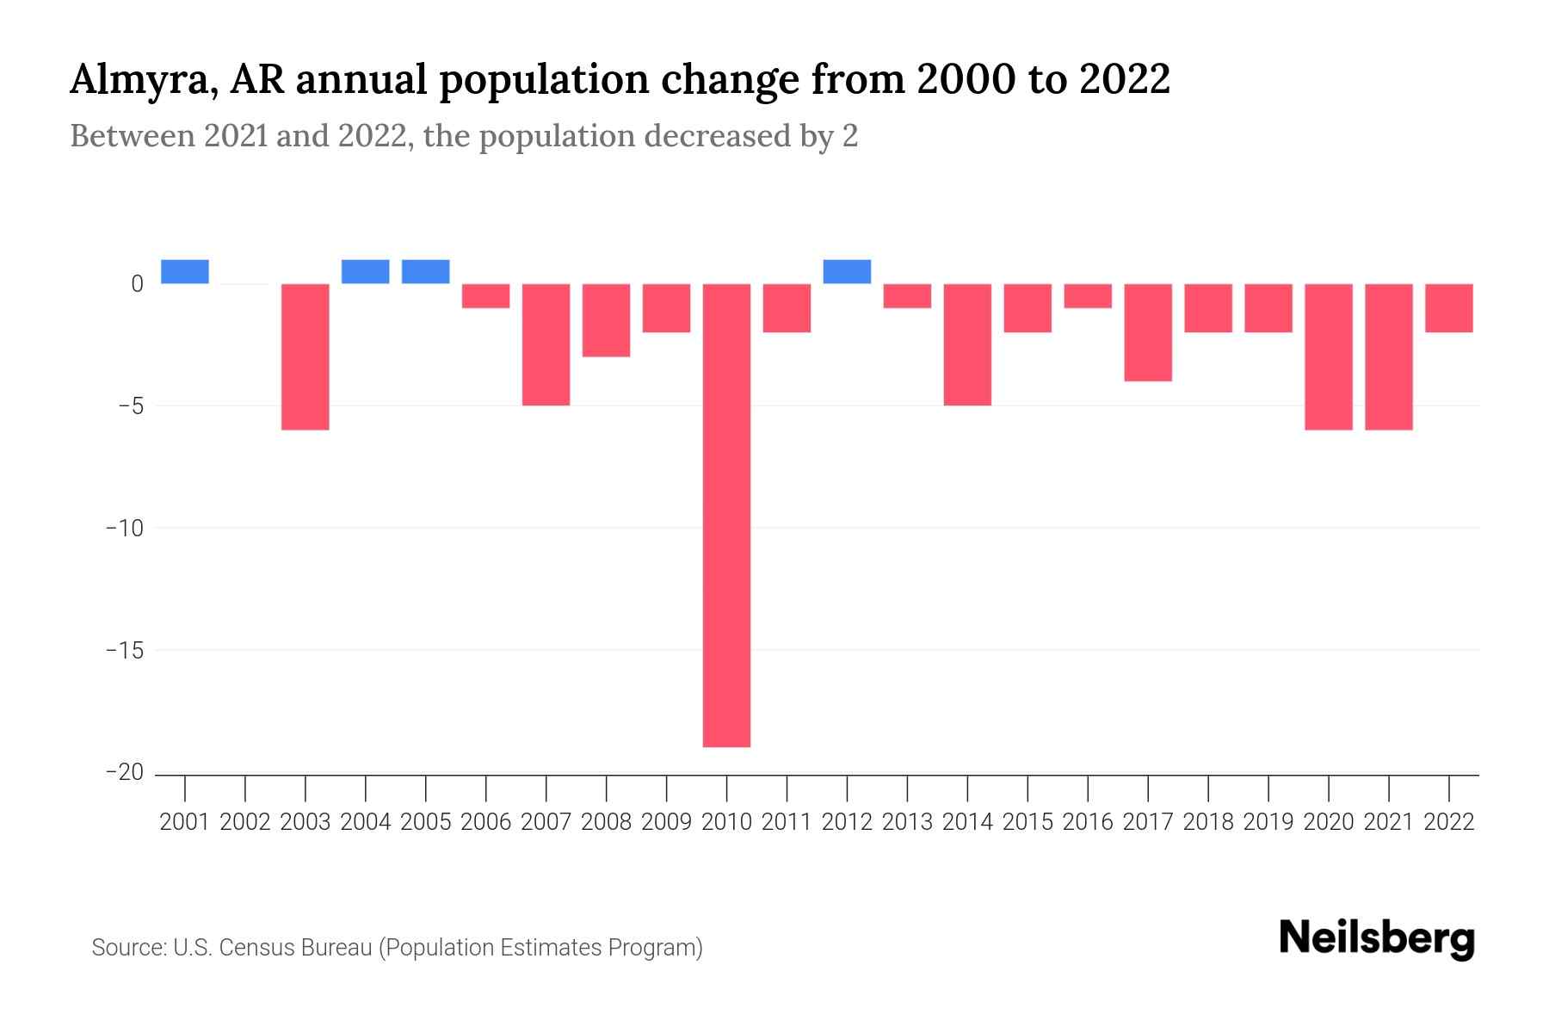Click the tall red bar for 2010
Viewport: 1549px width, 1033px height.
tap(726, 515)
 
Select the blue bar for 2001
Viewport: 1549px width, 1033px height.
tap(185, 271)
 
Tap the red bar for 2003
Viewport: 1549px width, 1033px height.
tap(305, 356)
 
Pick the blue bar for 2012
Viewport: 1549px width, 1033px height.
tap(847, 271)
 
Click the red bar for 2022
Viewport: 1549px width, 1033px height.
tap(1449, 307)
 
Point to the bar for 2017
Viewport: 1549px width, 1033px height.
tap(1148, 332)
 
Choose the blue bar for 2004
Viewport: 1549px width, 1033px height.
tap(366, 271)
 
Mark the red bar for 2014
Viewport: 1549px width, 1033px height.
tap(967, 344)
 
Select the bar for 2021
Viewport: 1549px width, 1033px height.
tap(1389, 356)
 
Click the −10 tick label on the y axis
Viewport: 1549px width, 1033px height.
tap(124, 528)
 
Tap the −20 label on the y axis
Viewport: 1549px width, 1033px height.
tap(124, 772)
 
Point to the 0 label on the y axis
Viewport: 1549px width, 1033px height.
tap(137, 284)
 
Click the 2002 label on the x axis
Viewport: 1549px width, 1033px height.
tap(245, 822)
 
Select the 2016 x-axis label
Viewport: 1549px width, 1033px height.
tap(1088, 822)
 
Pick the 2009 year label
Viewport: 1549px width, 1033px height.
tap(666, 822)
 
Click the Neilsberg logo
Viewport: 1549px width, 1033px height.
tap(1377, 938)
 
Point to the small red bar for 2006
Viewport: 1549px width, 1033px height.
tap(486, 295)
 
